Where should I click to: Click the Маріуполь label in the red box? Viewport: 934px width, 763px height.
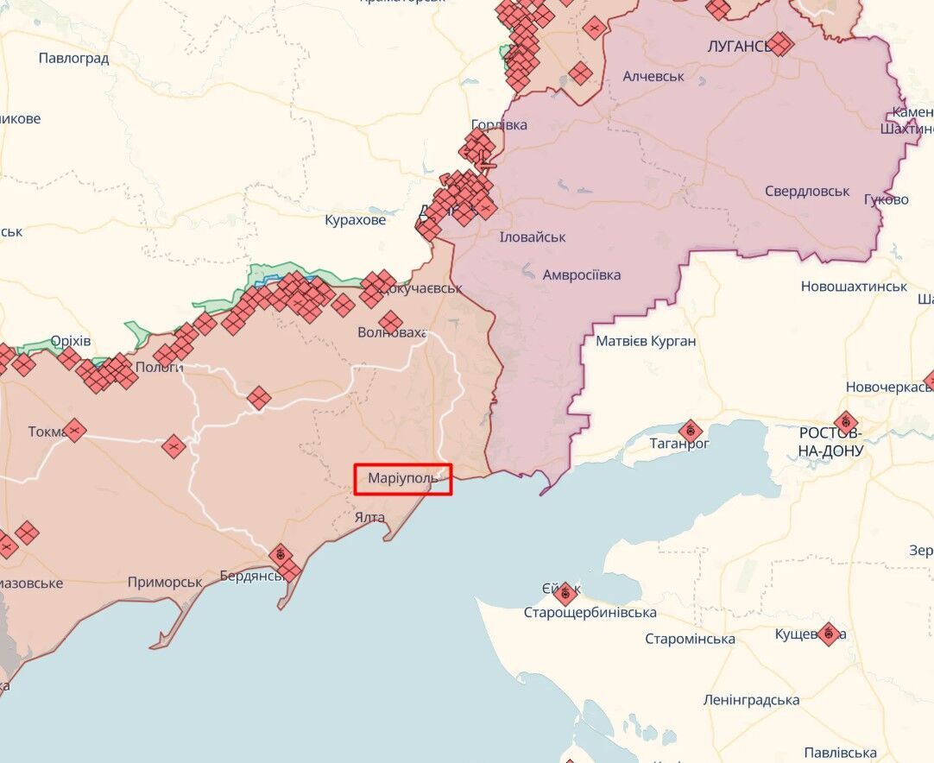403,479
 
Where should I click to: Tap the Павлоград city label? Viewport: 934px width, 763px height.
73,59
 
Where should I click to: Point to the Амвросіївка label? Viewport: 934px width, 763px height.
581,275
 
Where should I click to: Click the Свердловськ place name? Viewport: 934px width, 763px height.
807,192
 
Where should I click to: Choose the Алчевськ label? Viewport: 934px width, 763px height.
653,76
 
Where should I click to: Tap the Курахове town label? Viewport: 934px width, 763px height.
355,220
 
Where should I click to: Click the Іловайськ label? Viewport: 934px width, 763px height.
533,237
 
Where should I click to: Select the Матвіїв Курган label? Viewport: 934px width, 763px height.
646,341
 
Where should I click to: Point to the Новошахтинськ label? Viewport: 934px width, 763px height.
854,287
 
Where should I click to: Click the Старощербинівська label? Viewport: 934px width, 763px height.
590,613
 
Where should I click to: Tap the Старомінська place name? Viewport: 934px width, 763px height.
690,640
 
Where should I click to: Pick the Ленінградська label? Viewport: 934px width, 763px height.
751,700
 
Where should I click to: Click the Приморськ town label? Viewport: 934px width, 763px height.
165,583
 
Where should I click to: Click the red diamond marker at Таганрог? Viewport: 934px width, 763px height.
690,431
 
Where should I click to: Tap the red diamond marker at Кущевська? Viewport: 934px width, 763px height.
829,634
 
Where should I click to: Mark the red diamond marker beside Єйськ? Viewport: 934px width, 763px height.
565,594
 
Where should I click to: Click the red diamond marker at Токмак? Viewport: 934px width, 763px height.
74,429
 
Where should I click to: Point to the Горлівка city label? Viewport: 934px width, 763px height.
499,125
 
